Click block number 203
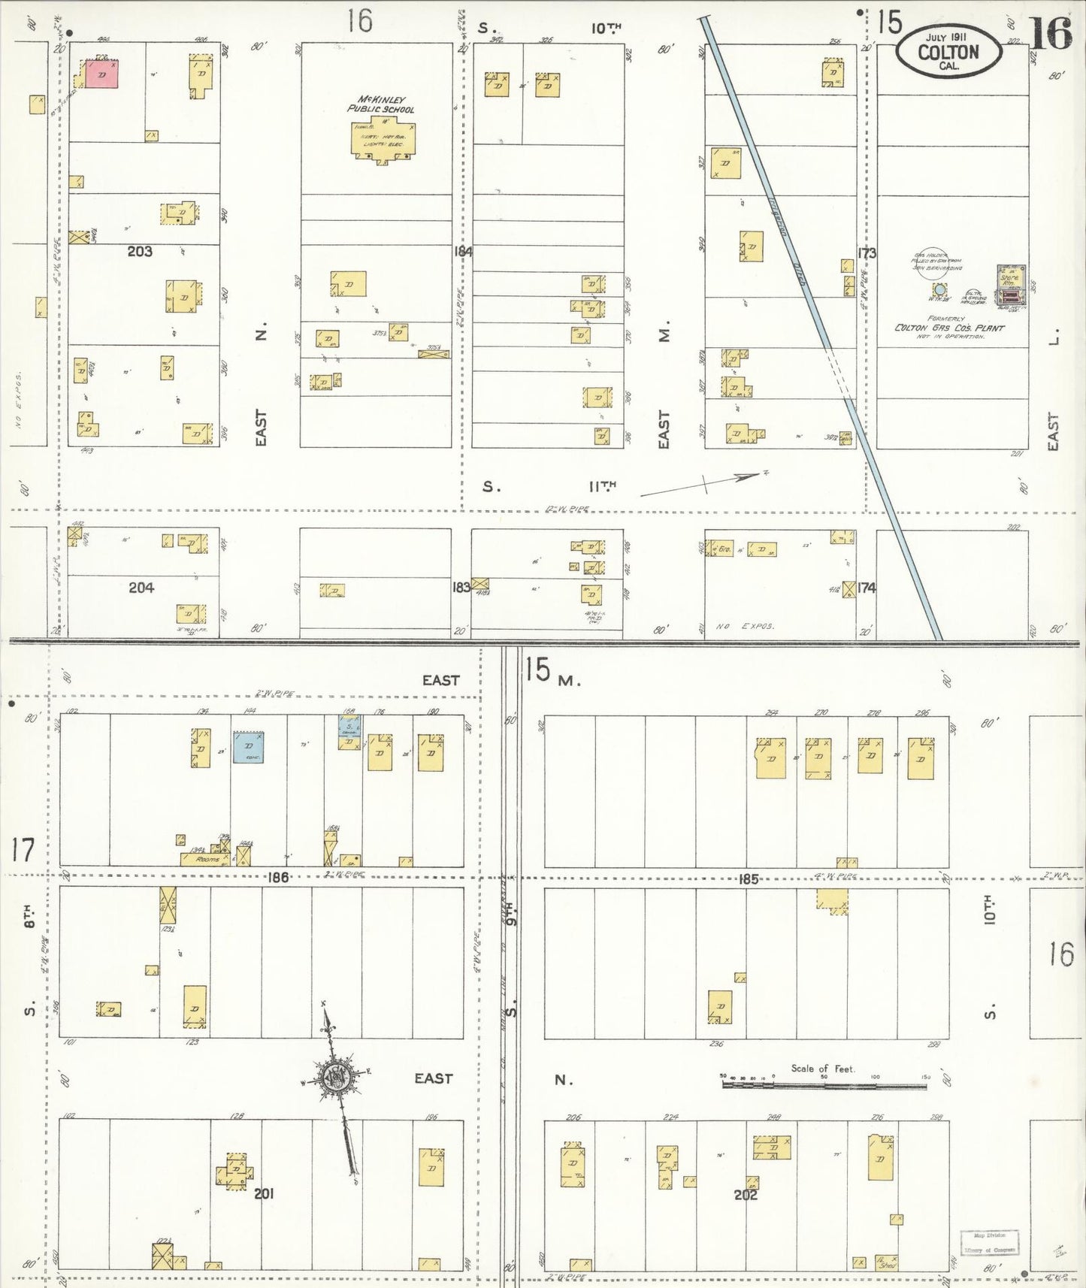(x=140, y=252)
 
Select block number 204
(x=141, y=588)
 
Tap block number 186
(x=278, y=877)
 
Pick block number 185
(x=749, y=878)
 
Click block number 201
(x=263, y=1193)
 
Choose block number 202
(x=746, y=1194)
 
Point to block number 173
(x=867, y=253)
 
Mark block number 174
(x=867, y=588)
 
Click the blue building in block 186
(x=248, y=748)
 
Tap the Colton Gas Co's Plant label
(x=948, y=328)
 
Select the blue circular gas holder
(x=938, y=289)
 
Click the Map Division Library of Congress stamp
(x=989, y=1243)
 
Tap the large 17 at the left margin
(x=23, y=851)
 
